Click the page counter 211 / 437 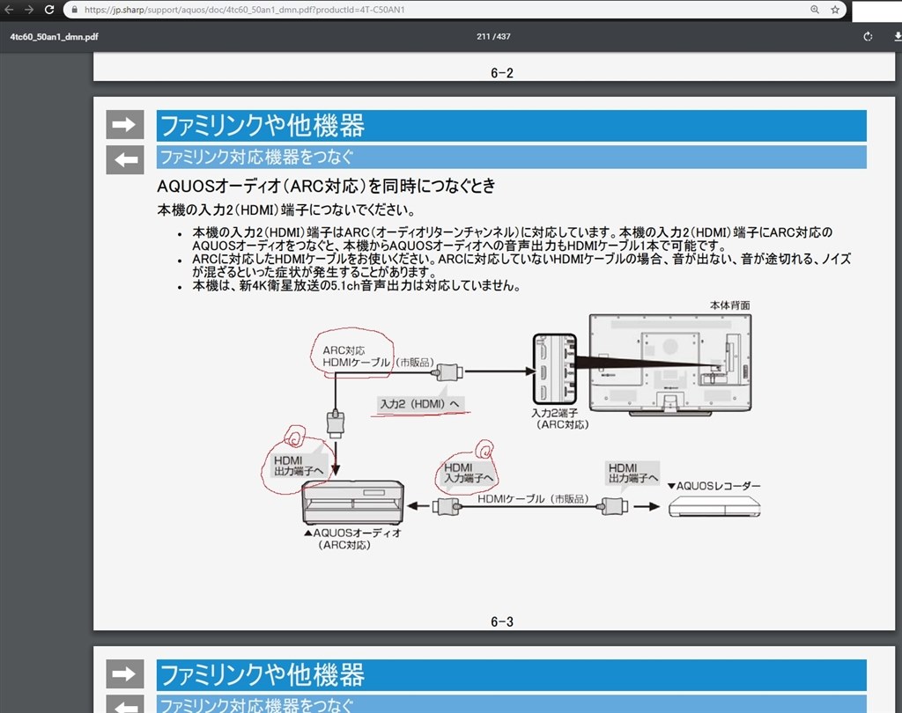coord(493,37)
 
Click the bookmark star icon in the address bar coord(835,10)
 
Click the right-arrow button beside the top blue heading coord(124,125)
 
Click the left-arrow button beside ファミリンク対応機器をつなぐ coord(124,159)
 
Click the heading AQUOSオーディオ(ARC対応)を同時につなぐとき coord(326,186)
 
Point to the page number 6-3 coord(502,622)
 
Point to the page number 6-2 coord(502,73)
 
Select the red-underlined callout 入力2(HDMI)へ coord(420,403)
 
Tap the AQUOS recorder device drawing coord(713,507)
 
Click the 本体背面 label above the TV coord(729,305)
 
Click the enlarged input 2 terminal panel coord(555,369)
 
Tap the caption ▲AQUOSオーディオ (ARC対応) coord(352,539)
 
